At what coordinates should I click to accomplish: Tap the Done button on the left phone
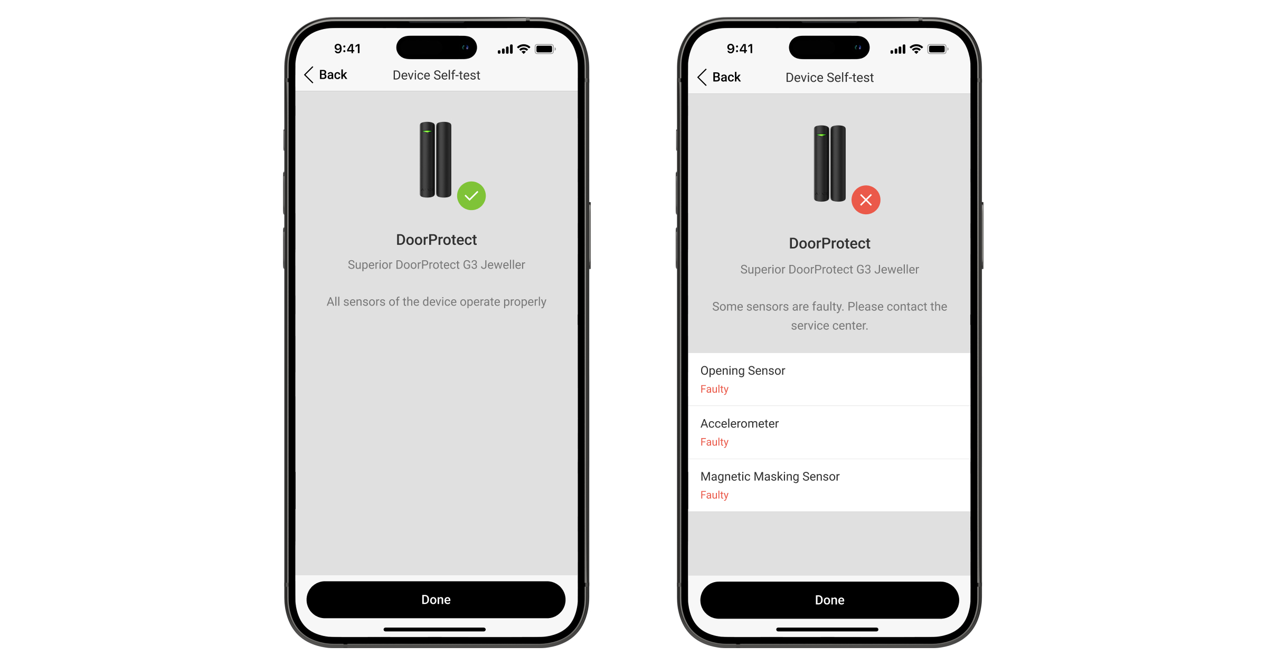pos(436,600)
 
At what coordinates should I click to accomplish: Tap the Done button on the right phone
pos(829,600)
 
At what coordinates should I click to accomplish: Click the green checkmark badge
pos(471,196)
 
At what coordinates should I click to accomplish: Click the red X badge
pos(866,200)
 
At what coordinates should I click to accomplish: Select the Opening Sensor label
pos(743,370)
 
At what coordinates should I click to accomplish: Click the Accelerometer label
pos(740,424)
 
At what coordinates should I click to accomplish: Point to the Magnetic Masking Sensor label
pos(770,477)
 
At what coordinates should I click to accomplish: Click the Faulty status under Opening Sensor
pos(714,389)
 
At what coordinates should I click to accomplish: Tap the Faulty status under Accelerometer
pos(714,442)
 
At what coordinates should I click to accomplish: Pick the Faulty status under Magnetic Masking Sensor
pos(714,495)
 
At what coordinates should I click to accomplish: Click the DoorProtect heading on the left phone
pos(437,240)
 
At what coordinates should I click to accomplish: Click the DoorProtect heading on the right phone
pos(829,243)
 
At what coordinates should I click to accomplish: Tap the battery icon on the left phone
pos(545,49)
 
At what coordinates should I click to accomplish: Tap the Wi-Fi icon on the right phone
pos(916,49)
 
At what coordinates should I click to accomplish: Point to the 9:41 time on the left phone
pos(347,49)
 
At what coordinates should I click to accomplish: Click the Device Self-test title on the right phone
pos(829,78)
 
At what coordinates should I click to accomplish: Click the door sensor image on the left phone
pos(436,160)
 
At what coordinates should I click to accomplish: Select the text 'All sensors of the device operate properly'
pos(437,302)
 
